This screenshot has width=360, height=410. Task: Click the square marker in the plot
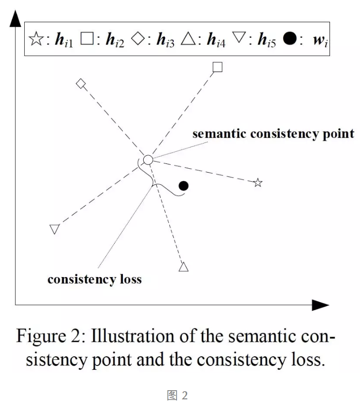[217, 67]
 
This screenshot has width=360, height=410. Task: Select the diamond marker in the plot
[81, 84]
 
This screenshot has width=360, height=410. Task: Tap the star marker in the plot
[258, 182]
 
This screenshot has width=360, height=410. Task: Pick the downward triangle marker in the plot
[54, 229]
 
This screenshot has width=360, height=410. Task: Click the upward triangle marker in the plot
[183, 267]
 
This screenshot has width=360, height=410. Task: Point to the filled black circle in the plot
[183, 186]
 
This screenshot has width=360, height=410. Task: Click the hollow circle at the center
[148, 160]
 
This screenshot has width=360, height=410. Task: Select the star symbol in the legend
[36, 39]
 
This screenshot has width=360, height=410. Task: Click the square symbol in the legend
[87, 38]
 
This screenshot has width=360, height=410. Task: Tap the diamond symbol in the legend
[137, 38]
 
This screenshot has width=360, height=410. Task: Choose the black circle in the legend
[290, 38]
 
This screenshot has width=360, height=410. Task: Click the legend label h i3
[165, 40]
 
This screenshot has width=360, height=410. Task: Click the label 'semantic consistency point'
[273, 134]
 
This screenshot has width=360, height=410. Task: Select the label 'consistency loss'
[94, 279]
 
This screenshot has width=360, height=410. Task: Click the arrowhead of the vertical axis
[15, 18]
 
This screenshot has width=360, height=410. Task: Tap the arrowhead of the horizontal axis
[320, 305]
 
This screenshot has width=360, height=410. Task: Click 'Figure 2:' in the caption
[51, 336]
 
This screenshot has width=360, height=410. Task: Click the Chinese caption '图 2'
[177, 395]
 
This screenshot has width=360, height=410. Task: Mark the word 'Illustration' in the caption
[133, 336]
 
